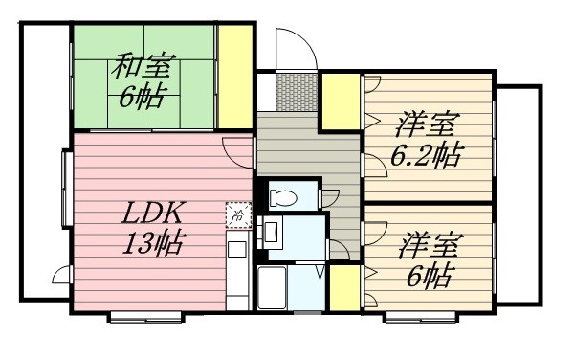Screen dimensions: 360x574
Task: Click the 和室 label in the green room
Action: click(140, 69)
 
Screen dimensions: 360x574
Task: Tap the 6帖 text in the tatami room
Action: click(140, 97)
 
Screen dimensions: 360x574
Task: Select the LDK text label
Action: click(150, 213)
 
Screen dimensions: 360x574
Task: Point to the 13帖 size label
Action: click(151, 240)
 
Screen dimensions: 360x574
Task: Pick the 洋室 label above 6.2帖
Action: click(427, 124)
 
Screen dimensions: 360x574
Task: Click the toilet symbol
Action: click(283, 197)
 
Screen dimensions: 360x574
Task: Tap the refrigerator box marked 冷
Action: click(235, 216)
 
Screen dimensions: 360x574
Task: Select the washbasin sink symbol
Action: click(271, 231)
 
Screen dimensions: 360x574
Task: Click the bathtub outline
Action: click(274, 287)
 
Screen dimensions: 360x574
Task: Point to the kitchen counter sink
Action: click(236, 253)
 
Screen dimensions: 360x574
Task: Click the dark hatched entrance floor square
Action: click(288, 91)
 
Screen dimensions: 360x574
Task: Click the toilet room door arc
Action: click(331, 194)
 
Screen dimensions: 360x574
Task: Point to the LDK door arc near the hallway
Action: click(235, 148)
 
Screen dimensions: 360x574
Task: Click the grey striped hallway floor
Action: click(297, 144)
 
